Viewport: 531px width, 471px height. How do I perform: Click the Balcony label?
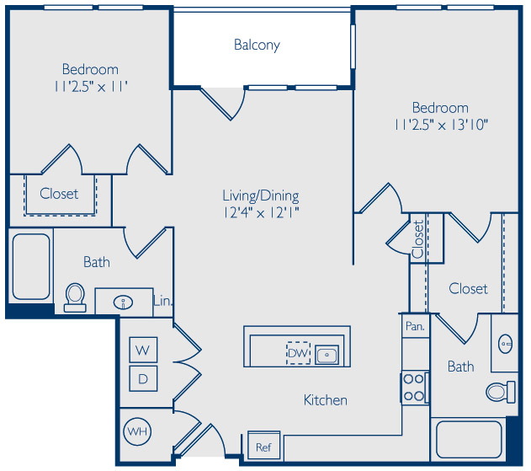pyautogui.click(x=257, y=45)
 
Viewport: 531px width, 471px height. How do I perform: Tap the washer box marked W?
pyautogui.click(x=143, y=350)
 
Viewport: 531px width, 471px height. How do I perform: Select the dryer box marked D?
pyautogui.click(x=143, y=378)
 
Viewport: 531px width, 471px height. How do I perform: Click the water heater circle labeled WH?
pyautogui.click(x=137, y=431)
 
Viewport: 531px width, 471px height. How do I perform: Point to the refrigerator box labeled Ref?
pyautogui.click(x=263, y=446)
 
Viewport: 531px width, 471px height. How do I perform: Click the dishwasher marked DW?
pyautogui.click(x=299, y=353)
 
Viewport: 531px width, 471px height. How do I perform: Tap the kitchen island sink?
pyautogui.click(x=327, y=355)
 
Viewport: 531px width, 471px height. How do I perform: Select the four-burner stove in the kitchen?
pyautogui.click(x=415, y=388)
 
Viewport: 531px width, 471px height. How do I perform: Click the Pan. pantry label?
pyautogui.click(x=415, y=326)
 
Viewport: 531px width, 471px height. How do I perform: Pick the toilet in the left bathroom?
pyautogui.click(x=75, y=297)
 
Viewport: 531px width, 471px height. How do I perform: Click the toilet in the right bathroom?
pyautogui.click(x=501, y=392)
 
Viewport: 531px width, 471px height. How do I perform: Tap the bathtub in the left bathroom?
pyautogui.click(x=31, y=266)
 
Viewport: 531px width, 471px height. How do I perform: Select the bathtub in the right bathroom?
pyautogui.click(x=469, y=440)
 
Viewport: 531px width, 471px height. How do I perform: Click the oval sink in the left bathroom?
pyautogui.click(x=123, y=302)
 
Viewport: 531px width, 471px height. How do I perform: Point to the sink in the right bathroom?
pyautogui.click(x=505, y=344)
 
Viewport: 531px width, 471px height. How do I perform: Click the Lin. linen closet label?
pyautogui.click(x=163, y=301)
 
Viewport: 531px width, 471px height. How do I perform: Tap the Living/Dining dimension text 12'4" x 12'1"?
pyautogui.click(x=261, y=213)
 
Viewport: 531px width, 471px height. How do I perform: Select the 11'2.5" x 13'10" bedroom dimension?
pyautogui.click(x=441, y=126)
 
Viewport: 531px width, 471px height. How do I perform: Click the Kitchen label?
pyautogui.click(x=326, y=400)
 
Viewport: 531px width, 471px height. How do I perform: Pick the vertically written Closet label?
pyautogui.click(x=418, y=238)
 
